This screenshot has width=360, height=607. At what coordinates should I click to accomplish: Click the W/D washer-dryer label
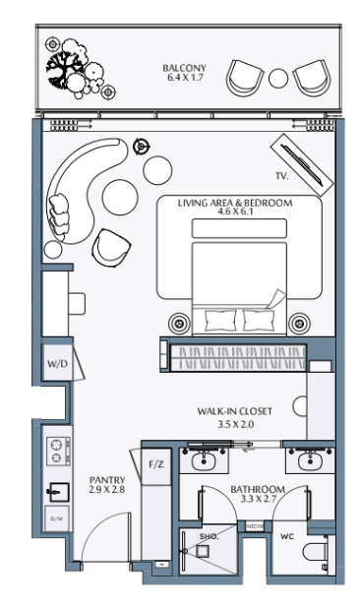coord(57,363)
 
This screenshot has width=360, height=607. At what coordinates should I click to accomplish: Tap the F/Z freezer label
coord(156,464)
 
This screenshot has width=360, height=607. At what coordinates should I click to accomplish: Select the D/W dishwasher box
coord(57,518)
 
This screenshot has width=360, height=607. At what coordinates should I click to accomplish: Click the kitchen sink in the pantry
coord(58,492)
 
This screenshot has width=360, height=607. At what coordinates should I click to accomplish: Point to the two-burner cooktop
coord(58,451)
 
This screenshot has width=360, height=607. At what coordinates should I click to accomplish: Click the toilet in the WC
coord(316,553)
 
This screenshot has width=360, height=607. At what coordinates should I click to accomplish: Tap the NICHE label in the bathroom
coord(255,526)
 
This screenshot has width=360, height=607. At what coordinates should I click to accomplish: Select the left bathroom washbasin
coord(204,461)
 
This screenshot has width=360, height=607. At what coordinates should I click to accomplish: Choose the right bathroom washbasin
coord(310,461)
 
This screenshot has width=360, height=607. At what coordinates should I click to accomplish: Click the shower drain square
coord(202,551)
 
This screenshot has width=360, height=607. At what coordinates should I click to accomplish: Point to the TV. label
coord(282,176)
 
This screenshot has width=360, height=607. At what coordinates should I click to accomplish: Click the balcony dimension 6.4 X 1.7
coord(185,77)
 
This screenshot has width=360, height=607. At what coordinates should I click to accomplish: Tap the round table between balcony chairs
coord(278,79)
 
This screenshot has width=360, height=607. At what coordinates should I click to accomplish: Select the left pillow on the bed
coord(220,321)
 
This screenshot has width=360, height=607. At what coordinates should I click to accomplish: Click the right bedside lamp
coord(299,323)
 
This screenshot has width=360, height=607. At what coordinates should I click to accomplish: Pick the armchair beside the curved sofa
coord(111,248)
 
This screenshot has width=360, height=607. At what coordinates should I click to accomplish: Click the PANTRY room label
coord(107,480)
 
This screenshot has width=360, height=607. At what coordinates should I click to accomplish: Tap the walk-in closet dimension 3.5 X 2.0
coord(235,424)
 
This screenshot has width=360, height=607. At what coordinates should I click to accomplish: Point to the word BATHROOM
coord(258,489)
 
